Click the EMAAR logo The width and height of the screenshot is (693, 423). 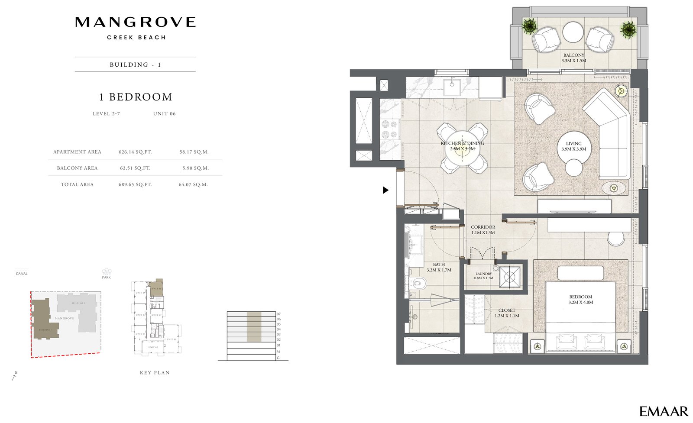click(664, 411)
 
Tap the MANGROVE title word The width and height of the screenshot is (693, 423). click(135, 22)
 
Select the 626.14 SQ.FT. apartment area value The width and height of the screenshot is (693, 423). click(135, 152)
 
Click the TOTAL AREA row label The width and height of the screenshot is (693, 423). click(77, 184)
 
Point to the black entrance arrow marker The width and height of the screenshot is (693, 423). click(385, 190)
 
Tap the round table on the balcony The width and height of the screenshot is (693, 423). click(573, 32)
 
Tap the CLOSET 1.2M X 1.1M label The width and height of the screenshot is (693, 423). click(507, 313)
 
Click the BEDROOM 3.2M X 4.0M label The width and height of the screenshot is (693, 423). click(580, 300)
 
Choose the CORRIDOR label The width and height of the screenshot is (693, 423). click(483, 229)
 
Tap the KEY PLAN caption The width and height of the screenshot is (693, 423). click(155, 372)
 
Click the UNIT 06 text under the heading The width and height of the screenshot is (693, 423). click(164, 114)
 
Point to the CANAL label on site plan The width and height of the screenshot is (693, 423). click(22, 274)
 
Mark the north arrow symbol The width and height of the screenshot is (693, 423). click(14, 376)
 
